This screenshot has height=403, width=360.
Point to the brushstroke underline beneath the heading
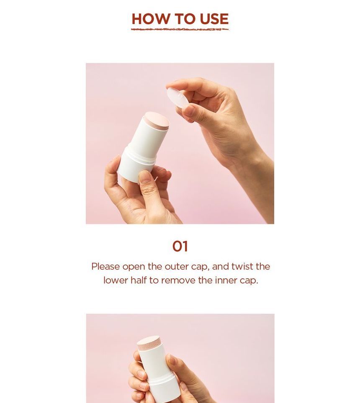tap(180, 30)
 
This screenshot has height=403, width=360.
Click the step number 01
tap(180, 246)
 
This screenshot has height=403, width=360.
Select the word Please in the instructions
tap(105, 267)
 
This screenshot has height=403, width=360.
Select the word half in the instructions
tap(139, 280)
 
